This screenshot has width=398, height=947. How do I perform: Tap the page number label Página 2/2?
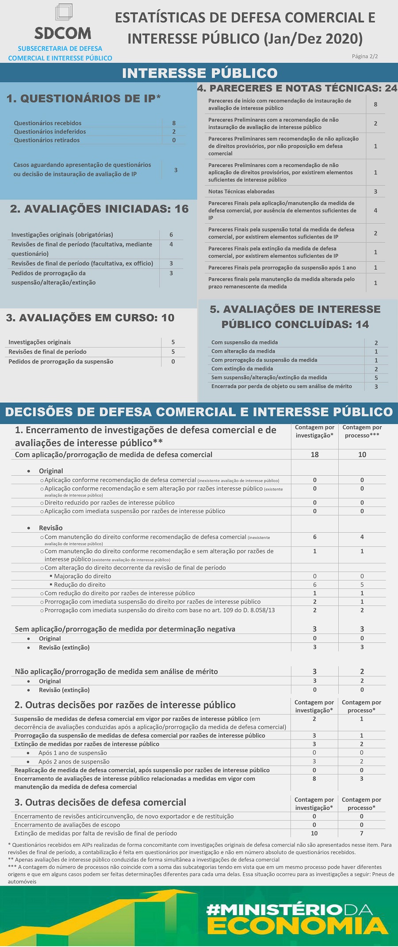364,56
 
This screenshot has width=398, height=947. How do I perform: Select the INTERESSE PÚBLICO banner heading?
199,73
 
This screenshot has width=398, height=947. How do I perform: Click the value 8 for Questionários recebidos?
174,123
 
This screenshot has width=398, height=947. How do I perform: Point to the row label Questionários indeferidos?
50,131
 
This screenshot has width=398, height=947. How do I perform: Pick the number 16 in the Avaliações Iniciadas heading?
181,209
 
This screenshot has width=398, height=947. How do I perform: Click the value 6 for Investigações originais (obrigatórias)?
171,235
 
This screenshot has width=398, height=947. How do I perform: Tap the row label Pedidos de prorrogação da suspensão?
61,362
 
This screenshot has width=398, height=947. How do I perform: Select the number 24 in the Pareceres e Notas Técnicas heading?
390,88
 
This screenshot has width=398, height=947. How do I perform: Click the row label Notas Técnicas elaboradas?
241,191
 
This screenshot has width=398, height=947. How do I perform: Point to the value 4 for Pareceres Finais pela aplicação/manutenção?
375,210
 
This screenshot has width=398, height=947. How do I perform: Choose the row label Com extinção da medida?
242,369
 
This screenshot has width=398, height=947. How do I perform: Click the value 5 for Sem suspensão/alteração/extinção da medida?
376,378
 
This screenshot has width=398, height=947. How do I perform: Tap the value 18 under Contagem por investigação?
314,454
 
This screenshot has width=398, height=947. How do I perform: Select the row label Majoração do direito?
83,576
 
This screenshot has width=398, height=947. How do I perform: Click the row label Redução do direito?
80,584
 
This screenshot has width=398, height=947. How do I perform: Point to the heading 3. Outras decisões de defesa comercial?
100,802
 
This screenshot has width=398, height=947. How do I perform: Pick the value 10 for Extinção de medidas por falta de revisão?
314,833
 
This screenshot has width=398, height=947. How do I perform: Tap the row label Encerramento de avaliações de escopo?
67,825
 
